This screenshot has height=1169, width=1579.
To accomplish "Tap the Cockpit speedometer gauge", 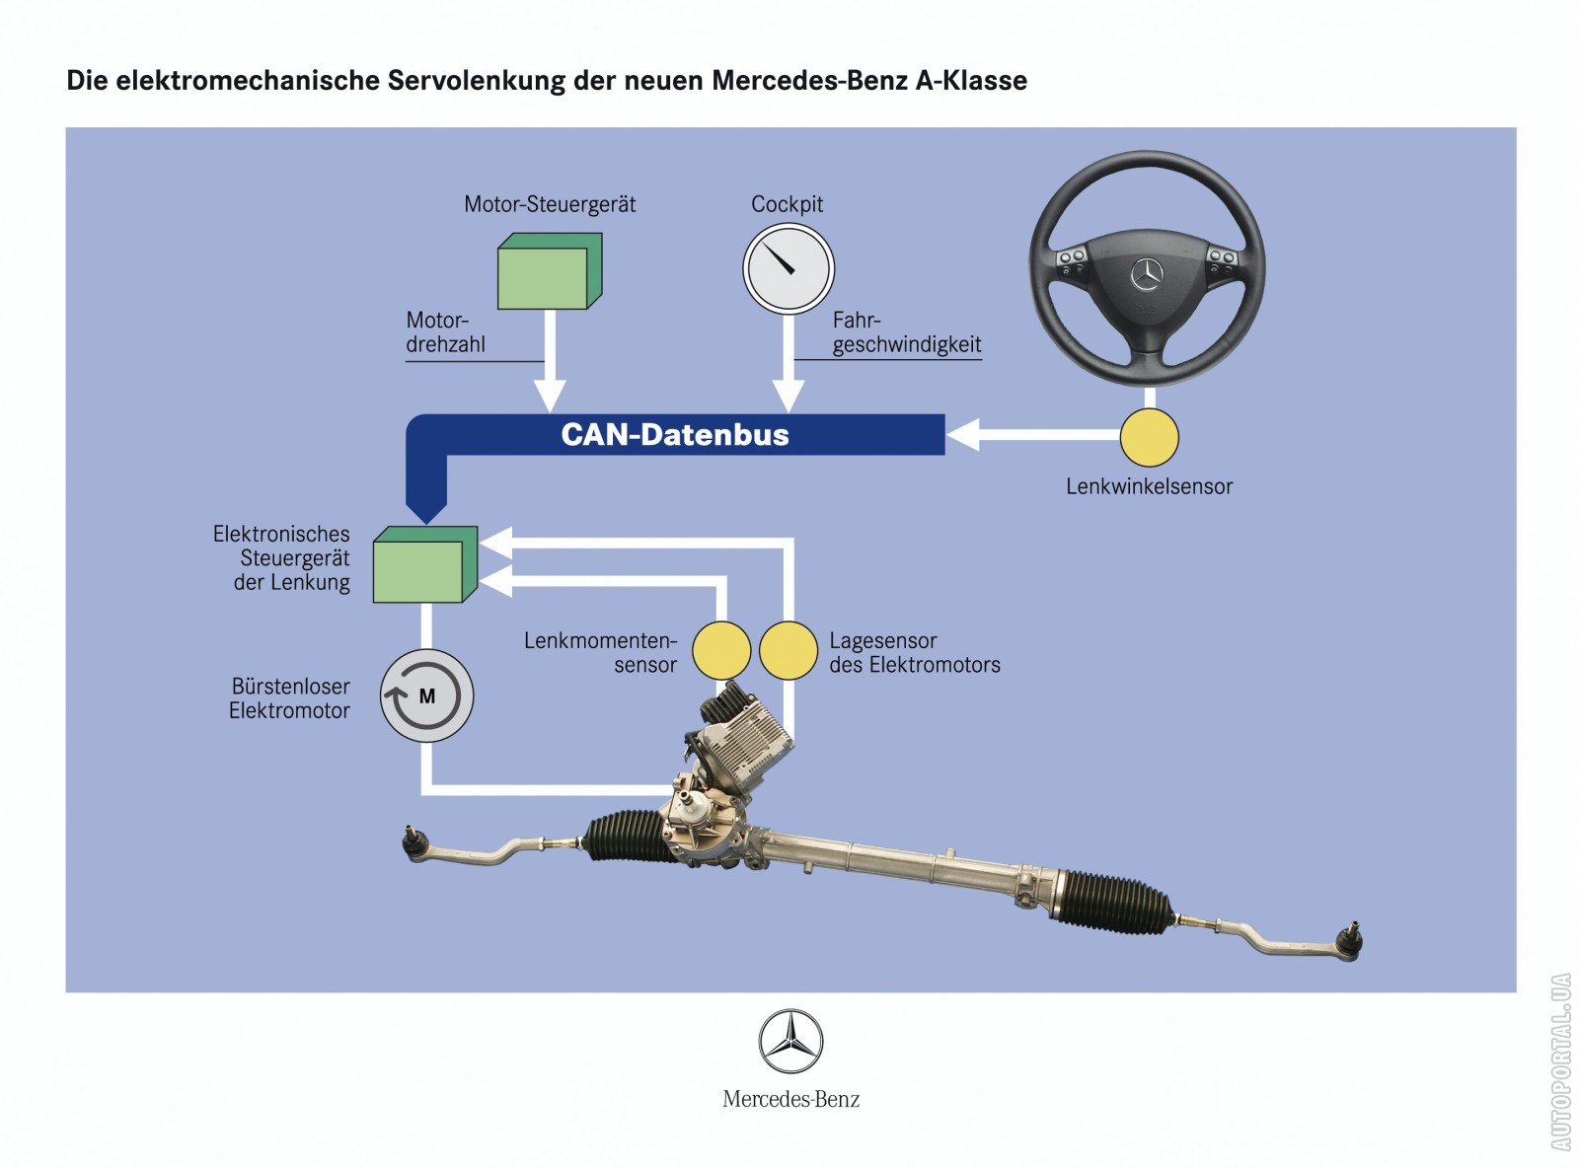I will [x=788, y=268].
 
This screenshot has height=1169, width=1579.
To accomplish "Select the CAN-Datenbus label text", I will [x=675, y=435].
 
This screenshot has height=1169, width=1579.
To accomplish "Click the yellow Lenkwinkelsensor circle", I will [x=1149, y=437].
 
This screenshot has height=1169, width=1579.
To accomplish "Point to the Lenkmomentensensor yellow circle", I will [x=721, y=651].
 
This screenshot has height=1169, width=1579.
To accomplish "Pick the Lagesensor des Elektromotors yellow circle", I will [x=788, y=651].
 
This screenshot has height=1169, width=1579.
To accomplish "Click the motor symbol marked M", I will [x=427, y=696].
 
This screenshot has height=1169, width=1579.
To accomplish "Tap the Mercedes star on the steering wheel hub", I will [x=1147, y=273].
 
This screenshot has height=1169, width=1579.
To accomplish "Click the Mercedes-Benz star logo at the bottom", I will [x=790, y=1042].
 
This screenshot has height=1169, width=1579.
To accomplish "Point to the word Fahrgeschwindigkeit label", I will [x=906, y=333].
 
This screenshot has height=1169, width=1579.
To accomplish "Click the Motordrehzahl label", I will [x=445, y=332].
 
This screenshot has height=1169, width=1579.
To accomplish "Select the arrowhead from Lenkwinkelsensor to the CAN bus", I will [x=963, y=434].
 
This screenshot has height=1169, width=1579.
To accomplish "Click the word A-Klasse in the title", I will [x=971, y=81].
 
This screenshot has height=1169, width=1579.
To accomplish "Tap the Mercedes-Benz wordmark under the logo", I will [x=790, y=1099].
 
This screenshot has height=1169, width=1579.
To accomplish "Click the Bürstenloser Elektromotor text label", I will [x=289, y=698].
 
